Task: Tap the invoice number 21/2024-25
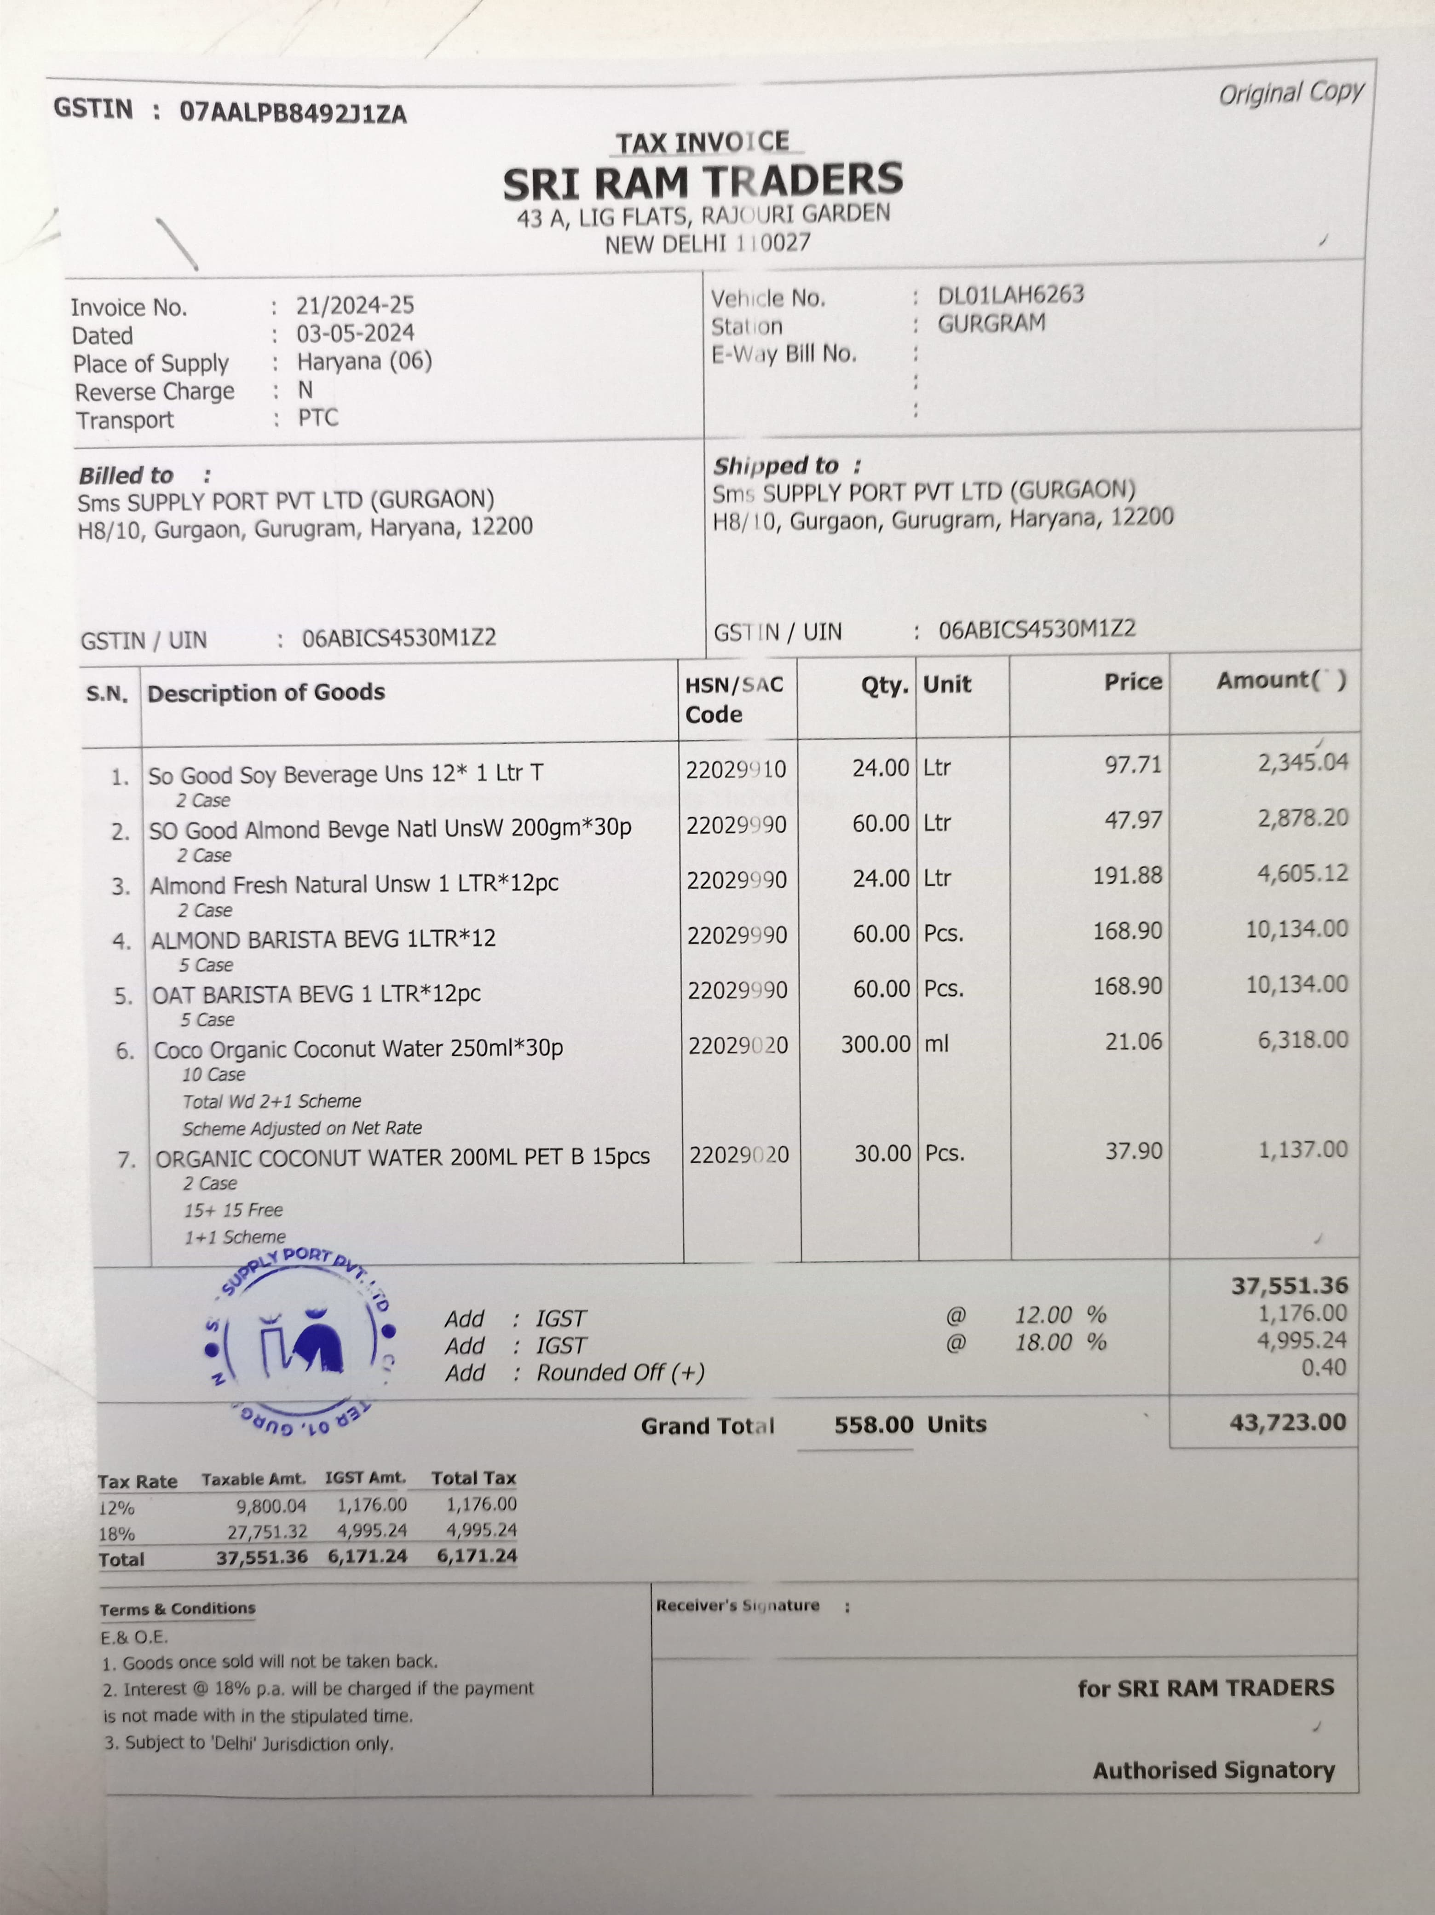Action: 355,306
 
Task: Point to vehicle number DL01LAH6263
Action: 1010,295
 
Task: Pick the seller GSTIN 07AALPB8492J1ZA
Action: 293,112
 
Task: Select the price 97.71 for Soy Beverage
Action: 1133,765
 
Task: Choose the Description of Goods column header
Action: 266,693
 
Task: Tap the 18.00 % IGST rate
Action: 1060,1343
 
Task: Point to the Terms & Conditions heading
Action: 178,1608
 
